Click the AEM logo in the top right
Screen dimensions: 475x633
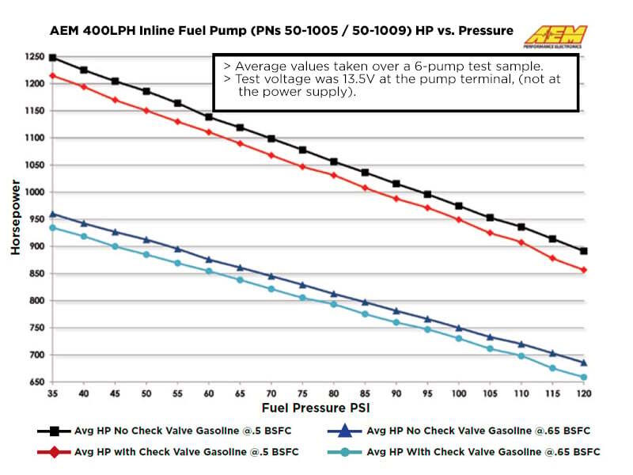[556, 36]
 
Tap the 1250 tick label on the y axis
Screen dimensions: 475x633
[34, 58]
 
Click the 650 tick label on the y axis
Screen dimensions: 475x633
[36, 382]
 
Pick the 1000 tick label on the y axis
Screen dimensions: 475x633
[34, 192]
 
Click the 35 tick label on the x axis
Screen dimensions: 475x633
[53, 393]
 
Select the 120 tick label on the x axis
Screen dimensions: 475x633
[583, 393]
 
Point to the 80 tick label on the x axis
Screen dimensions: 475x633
[334, 393]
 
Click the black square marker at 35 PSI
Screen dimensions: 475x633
[53, 58]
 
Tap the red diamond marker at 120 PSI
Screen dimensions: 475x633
[583, 270]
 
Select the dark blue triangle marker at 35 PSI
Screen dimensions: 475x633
[53, 214]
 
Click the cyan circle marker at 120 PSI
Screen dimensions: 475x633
[583, 378]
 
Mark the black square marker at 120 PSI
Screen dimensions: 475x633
[583, 251]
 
